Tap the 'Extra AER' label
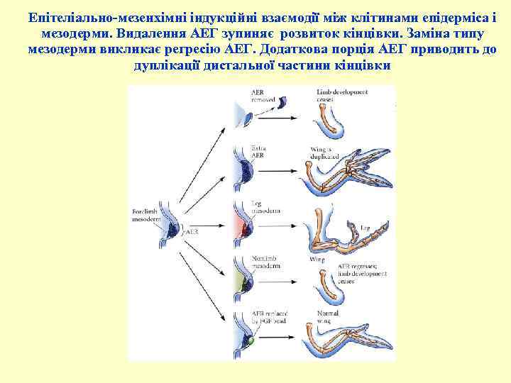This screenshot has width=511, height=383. click(x=258, y=151)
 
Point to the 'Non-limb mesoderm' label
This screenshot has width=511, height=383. click(x=265, y=262)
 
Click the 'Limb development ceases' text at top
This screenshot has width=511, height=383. click(x=337, y=96)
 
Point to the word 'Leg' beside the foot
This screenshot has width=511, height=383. click(x=365, y=228)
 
